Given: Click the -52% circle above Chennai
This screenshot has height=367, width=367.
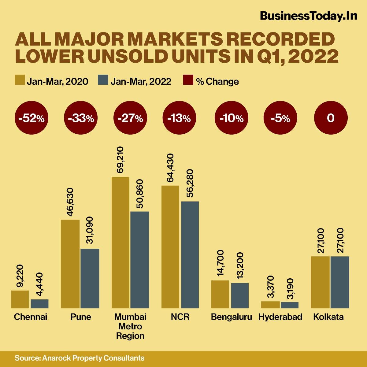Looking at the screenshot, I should coord(31,118).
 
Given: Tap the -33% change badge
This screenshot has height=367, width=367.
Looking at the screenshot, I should coord(81,118).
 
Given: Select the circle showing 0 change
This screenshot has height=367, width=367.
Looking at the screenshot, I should coord(331,118).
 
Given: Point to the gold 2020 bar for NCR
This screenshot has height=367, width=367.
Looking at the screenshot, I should coord(170,247).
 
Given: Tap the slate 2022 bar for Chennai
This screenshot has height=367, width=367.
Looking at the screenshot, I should coord(39,303).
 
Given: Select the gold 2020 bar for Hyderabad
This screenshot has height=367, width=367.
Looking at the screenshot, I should coord(270,305).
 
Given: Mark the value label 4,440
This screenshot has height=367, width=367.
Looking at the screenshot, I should coord(39,285).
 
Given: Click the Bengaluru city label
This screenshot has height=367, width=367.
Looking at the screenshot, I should coord(231,317).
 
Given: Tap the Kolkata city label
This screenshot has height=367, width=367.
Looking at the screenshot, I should coord(328,317).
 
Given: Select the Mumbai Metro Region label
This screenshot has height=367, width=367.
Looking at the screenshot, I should coord(130,326).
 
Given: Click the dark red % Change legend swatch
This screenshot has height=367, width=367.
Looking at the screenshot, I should coord(188,81).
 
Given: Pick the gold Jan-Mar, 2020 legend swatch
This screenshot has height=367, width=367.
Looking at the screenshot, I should coord(20,81).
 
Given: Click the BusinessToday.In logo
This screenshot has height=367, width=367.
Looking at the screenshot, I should coord(308,16).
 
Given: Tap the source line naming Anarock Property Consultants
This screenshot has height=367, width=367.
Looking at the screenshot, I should coord(80,358).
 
